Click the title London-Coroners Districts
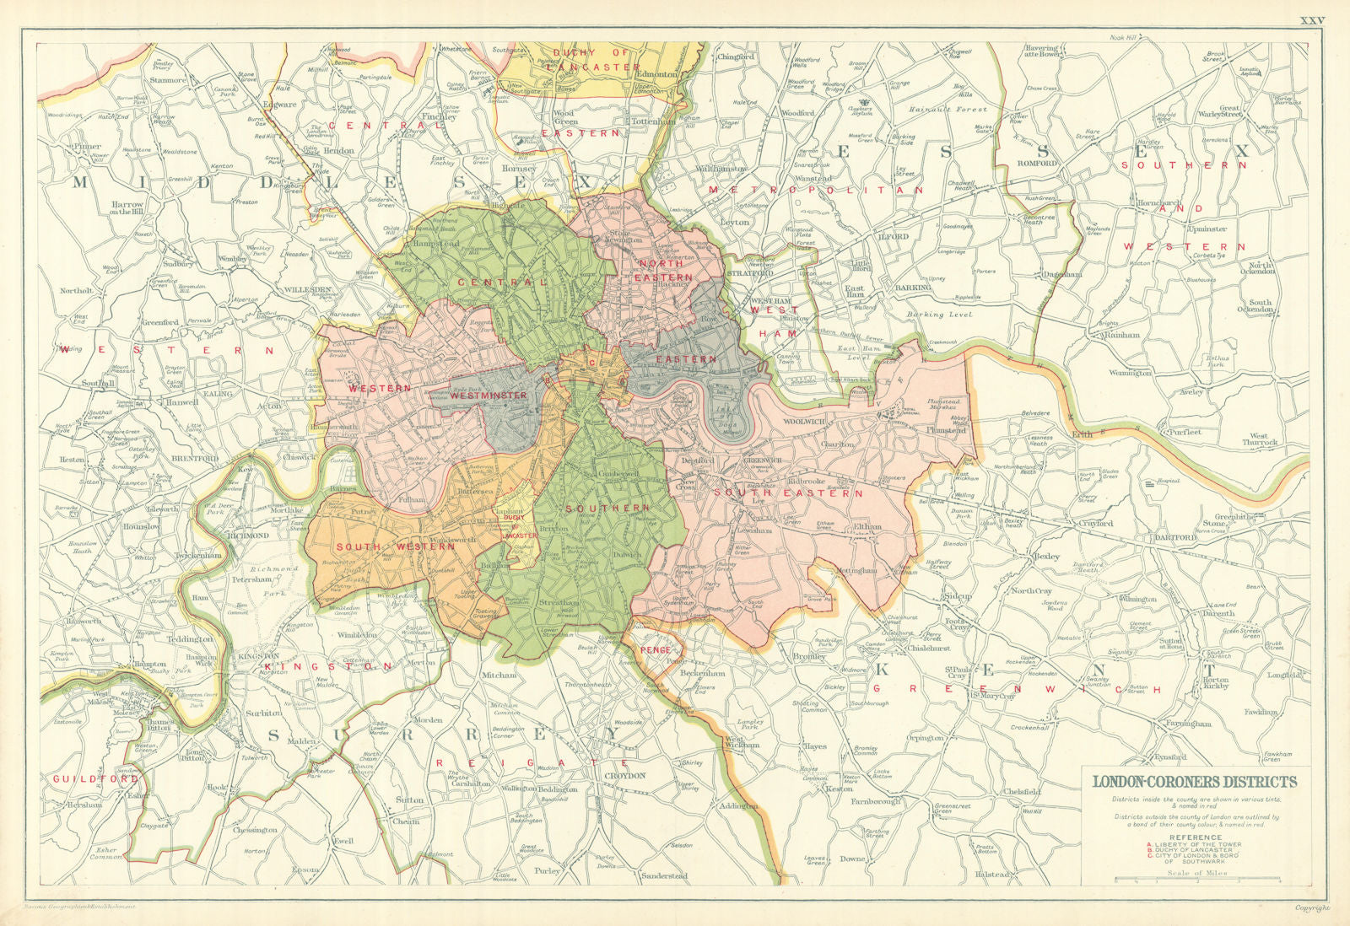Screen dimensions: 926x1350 click(1195, 781)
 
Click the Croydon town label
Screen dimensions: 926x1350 click(625, 775)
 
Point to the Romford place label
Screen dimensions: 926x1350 click(1037, 163)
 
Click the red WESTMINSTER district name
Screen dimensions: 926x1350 click(488, 395)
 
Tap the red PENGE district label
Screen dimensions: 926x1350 click(654, 650)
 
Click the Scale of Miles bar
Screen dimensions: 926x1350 click(1197, 882)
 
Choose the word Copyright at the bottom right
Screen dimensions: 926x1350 click(1312, 908)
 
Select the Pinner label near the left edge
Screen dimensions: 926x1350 click(87, 147)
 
